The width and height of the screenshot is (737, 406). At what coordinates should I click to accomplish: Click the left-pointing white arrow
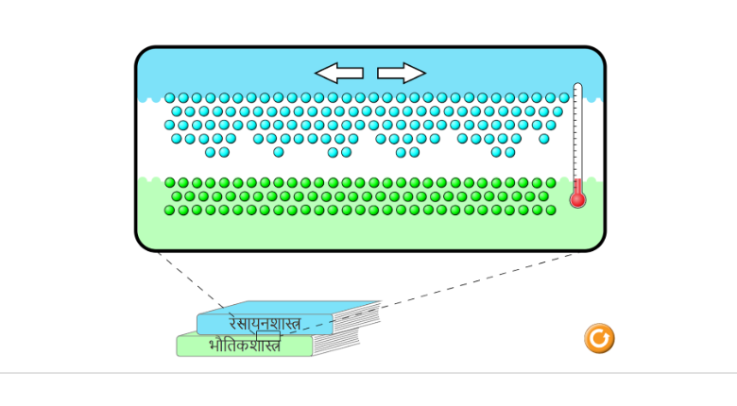338,73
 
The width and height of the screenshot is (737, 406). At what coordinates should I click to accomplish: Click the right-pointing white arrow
402,73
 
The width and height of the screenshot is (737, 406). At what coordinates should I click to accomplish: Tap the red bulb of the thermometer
577,199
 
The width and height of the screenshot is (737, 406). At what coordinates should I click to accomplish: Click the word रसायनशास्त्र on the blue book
265,323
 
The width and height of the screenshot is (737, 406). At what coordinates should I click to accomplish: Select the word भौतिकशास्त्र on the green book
244,346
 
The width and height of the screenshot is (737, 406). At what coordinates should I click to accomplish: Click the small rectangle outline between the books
267,335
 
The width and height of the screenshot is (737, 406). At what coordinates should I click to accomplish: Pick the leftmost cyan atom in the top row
170,97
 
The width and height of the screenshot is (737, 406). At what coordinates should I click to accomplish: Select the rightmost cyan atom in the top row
564,97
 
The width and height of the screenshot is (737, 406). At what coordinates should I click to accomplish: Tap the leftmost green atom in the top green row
170,183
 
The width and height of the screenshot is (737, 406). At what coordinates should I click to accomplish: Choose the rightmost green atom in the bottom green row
551,210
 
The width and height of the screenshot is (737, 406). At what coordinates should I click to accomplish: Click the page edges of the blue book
355,316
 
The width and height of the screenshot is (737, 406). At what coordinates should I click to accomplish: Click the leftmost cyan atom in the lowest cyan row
211,152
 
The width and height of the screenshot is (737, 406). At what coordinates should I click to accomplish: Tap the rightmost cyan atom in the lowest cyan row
510,152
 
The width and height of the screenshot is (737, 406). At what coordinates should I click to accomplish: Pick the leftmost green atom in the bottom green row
170,210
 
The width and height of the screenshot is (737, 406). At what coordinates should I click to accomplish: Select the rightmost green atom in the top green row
551,183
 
